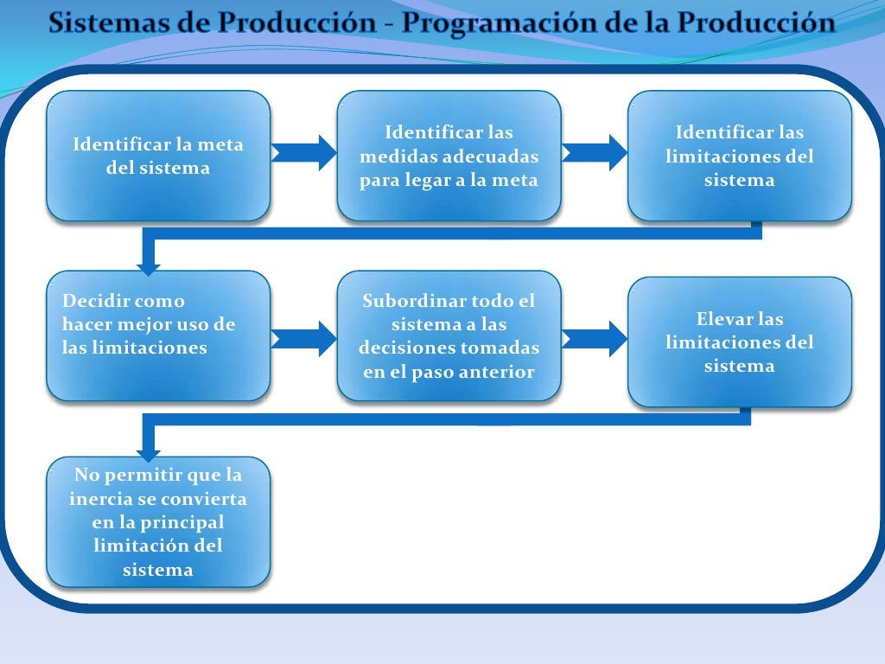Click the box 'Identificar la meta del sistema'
click(158, 156)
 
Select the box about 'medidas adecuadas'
click(449, 156)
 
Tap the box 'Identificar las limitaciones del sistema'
click(739, 156)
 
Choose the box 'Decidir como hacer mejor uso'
click(158, 335)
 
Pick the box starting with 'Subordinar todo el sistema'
click(449, 335)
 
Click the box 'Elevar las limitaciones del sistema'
click(739, 342)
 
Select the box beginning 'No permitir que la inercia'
click(158, 521)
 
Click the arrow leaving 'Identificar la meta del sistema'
click(302, 153)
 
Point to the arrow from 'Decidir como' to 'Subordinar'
click(302, 339)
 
